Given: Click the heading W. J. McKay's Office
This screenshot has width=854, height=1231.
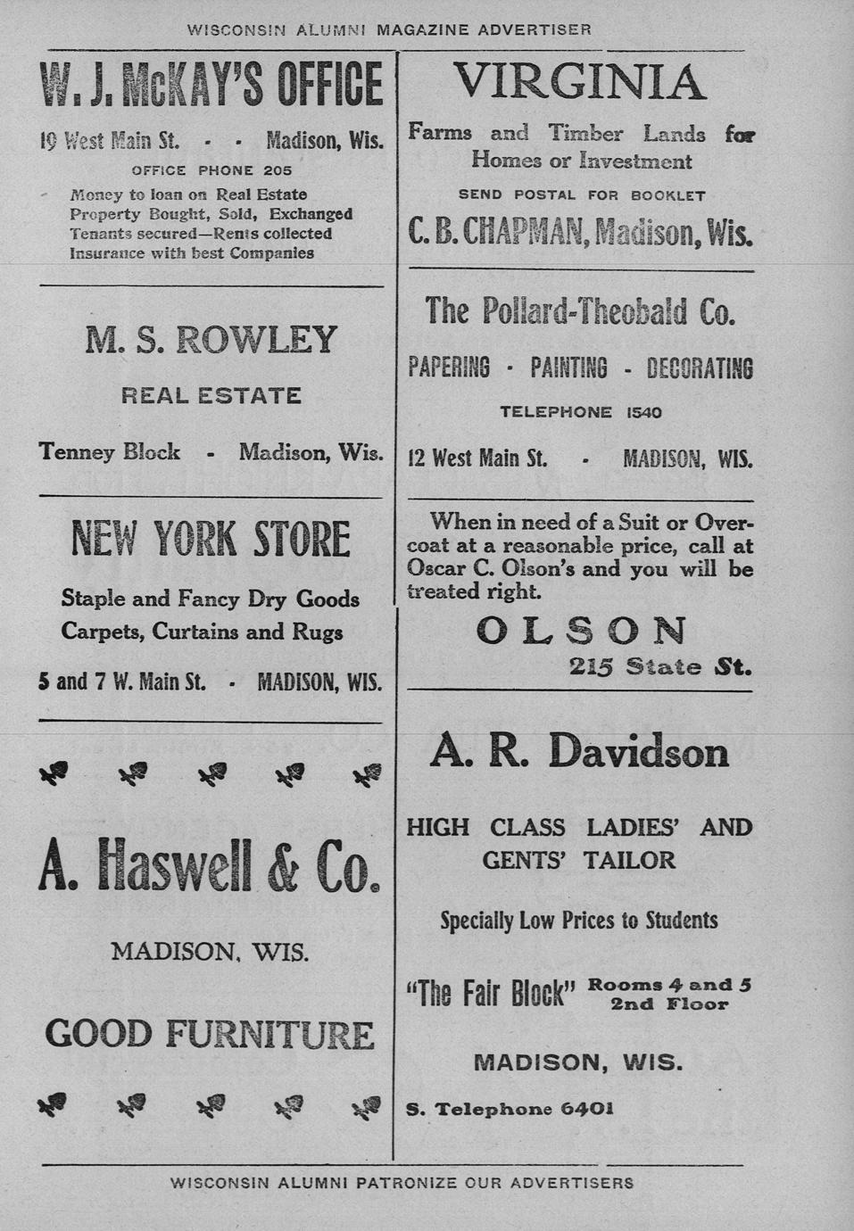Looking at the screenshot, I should click(x=211, y=86).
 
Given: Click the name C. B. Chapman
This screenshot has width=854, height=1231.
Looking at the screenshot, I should click(x=495, y=232).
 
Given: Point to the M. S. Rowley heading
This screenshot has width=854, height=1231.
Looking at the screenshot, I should click(x=211, y=340).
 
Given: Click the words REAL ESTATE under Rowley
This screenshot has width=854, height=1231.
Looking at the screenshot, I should click(x=211, y=395).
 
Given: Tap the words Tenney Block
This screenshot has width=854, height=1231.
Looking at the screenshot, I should click(x=110, y=452).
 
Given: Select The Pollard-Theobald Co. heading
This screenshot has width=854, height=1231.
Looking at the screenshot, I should click(x=580, y=311).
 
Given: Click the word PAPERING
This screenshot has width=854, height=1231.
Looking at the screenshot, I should click(x=449, y=368).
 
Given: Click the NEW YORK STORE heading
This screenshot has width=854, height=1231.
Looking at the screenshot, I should click(x=211, y=540).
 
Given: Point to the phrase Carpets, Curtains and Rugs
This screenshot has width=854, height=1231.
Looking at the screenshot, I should click(x=203, y=632).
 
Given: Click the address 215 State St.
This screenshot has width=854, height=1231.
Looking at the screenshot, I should click(x=660, y=666).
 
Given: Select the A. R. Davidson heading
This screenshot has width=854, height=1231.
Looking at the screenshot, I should click(x=579, y=751).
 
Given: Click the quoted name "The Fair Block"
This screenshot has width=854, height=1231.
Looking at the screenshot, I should click(x=492, y=993).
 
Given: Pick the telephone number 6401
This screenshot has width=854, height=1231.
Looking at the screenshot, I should click(x=586, y=1109).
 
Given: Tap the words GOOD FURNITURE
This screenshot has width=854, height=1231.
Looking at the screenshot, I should click(x=211, y=1035).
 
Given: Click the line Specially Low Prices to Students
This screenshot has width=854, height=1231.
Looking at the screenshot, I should click(x=579, y=920).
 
